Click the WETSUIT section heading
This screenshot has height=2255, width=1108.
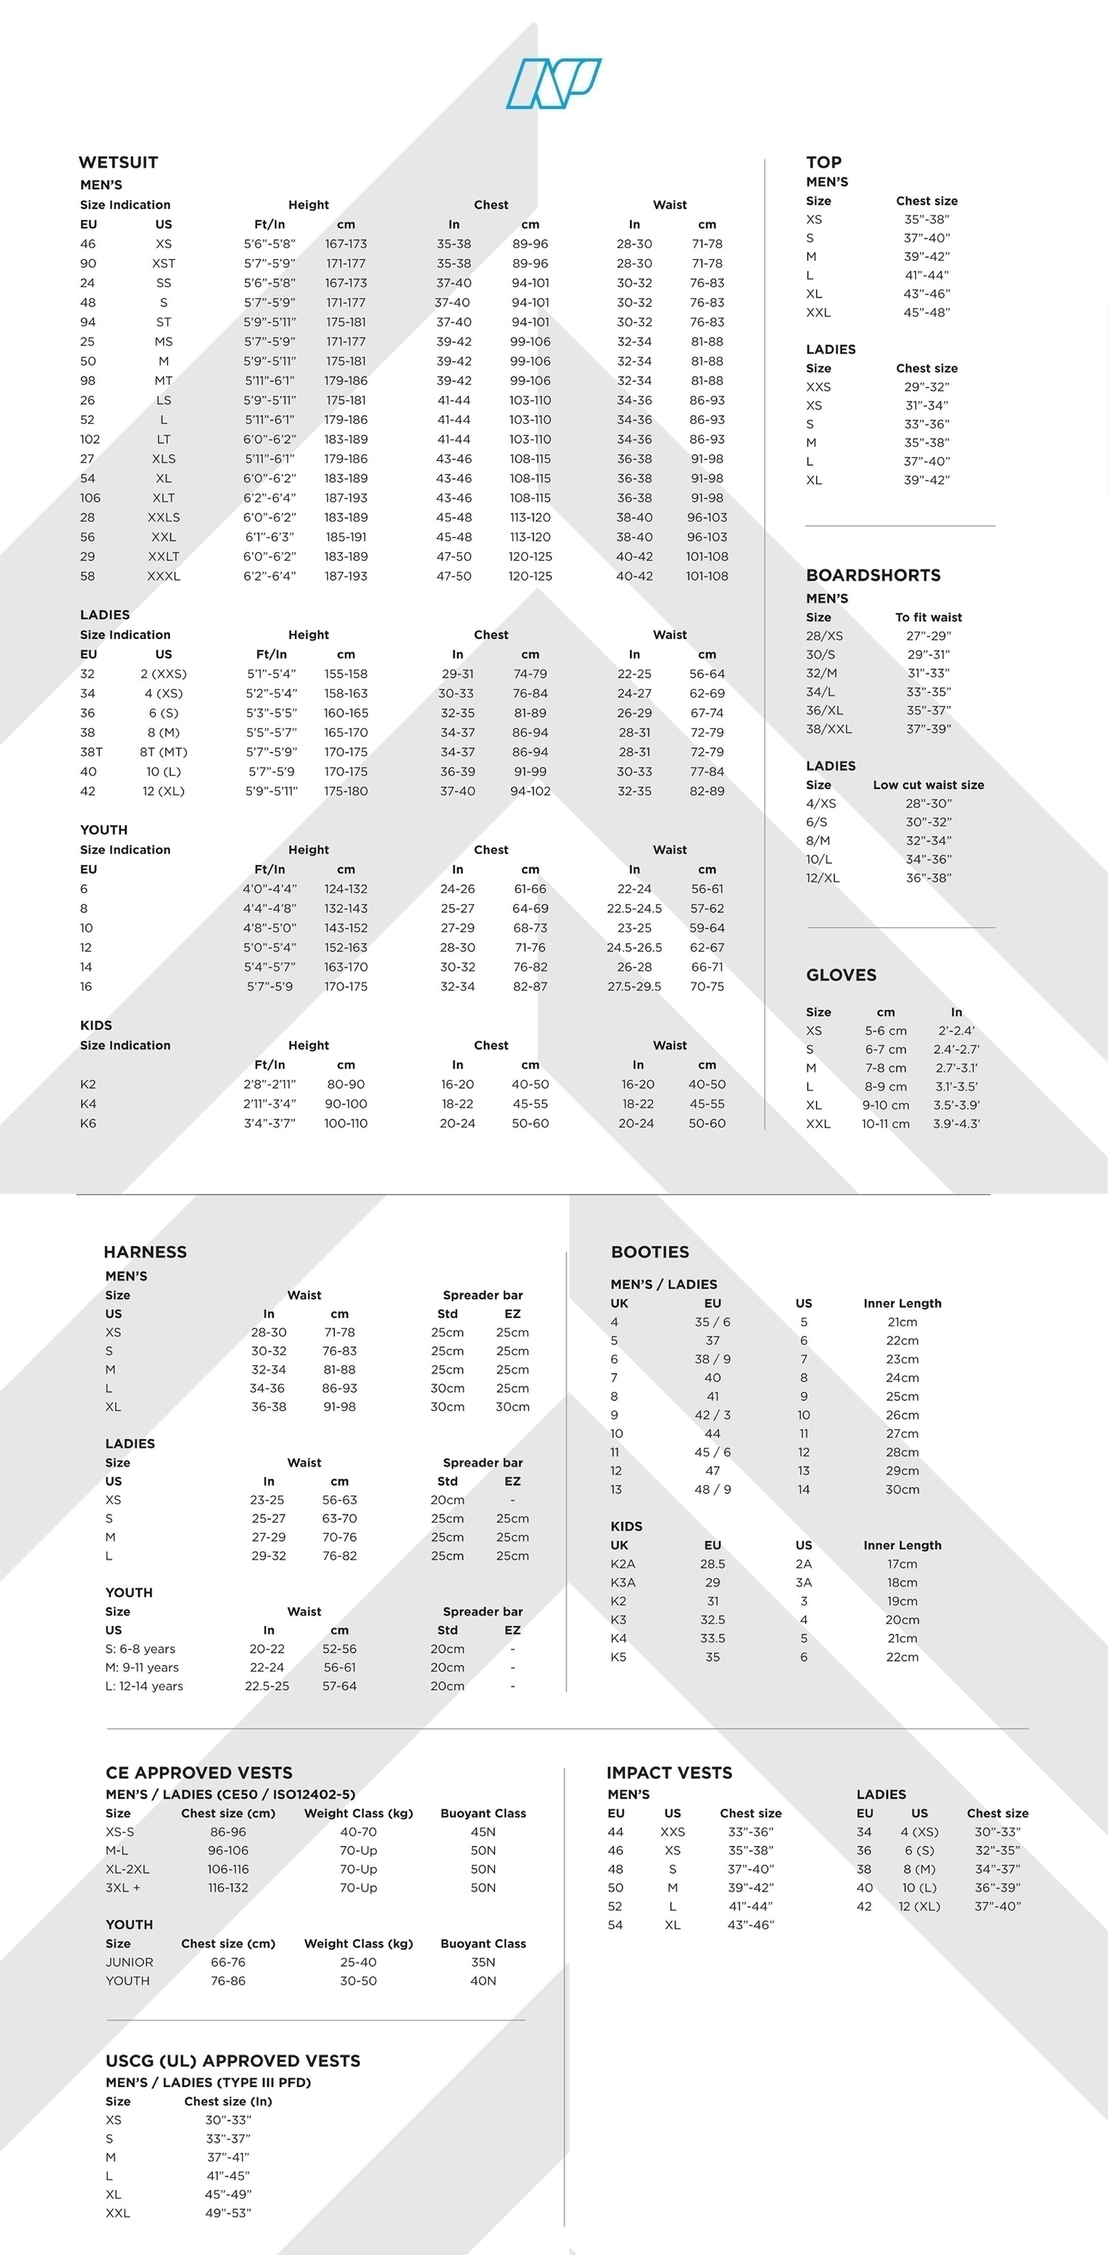(x=118, y=162)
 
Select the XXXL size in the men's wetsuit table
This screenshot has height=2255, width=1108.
(x=164, y=576)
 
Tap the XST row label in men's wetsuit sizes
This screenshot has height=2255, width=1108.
(x=164, y=263)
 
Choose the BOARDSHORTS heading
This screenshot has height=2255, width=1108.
(x=873, y=575)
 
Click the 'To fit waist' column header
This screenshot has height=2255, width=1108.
(x=928, y=617)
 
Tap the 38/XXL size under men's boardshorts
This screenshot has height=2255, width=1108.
(x=828, y=729)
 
